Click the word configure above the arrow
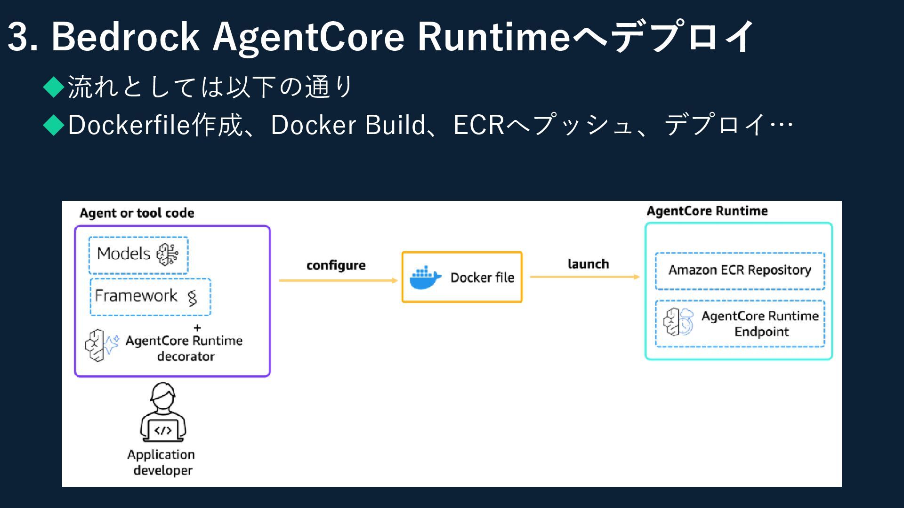pos(336,266)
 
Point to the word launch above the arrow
pos(588,264)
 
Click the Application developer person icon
pos(163,412)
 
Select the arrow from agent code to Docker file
pos(339,280)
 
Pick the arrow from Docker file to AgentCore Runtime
pos(585,277)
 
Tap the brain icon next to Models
pos(167,254)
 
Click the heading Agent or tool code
pos(137,213)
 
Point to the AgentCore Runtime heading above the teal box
pos(707,211)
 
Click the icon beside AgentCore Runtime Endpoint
pos(678,322)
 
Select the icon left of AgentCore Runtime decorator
pos(102,345)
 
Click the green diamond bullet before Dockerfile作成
pos(54,125)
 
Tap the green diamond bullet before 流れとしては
pos(54,87)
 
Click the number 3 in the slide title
pos(18,36)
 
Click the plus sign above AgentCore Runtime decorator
pos(197,328)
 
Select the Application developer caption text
pos(161,462)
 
